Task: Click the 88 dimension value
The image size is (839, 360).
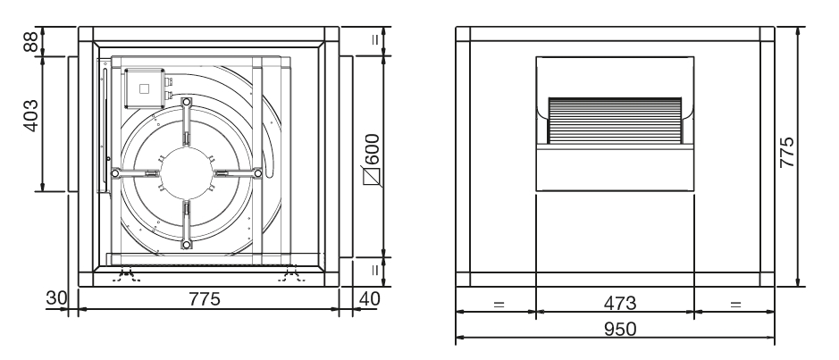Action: tap(30, 41)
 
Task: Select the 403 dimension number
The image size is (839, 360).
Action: tap(30, 115)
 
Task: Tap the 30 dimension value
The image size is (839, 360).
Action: tap(56, 298)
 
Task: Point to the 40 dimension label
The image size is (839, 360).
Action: tap(369, 298)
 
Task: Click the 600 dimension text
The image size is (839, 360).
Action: tap(372, 149)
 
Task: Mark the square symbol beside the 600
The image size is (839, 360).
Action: tap(372, 177)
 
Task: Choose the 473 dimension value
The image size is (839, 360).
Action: tap(620, 304)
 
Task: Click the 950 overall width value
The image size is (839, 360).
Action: tap(620, 329)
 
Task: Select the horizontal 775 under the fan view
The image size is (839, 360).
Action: tap(205, 299)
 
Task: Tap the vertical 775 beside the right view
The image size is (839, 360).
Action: tap(786, 153)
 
